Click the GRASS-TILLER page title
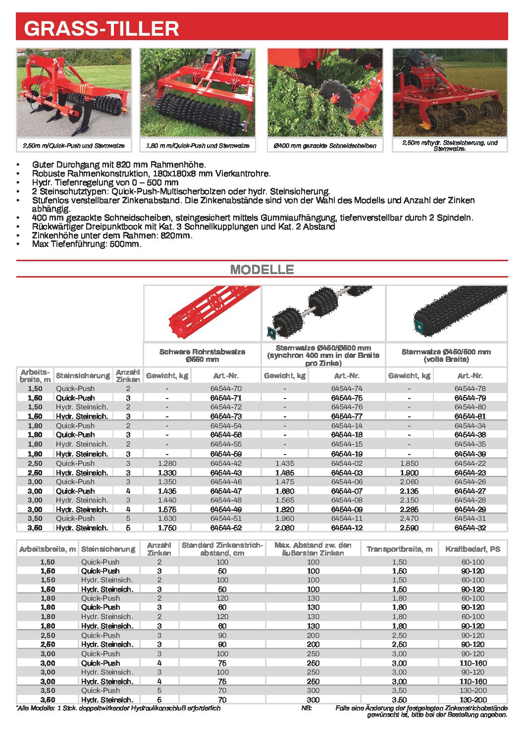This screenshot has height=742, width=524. pos(101,28)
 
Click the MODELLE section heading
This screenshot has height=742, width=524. pos(262,270)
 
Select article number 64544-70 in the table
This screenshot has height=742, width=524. pos(226,389)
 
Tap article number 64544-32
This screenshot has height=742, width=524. pos(470,528)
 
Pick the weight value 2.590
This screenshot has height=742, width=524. pos(409,528)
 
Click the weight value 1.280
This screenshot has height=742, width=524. pos(167,463)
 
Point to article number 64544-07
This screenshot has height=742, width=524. pos(347,491)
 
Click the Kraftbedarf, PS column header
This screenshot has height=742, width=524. pos(472,549)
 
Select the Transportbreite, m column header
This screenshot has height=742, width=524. pos(399,549)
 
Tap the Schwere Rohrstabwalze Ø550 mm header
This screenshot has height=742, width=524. pos(202,355)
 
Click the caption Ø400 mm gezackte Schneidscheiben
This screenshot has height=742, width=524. pos(325,146)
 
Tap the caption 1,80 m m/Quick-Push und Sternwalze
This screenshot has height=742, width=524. pos(198,146)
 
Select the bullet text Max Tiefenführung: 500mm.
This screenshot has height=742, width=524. pos(87,244)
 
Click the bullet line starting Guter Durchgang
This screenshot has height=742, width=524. pos(119,164)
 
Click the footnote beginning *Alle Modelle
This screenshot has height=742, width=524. pos(119,708)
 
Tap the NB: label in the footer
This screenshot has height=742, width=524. pos(307,708)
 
